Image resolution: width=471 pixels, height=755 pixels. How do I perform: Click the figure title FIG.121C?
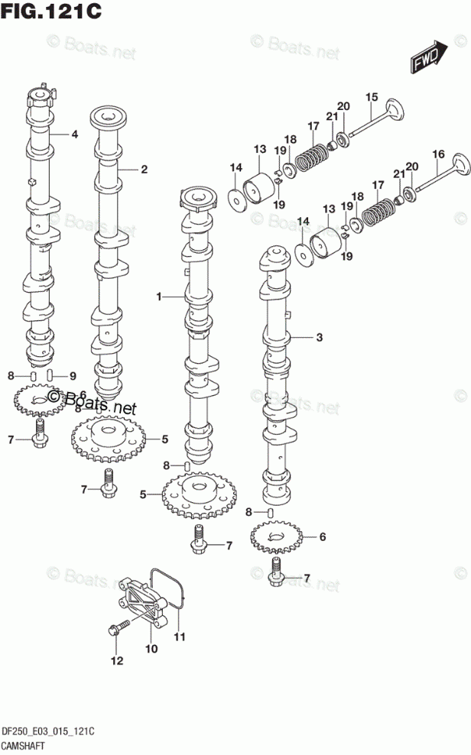coord(51,11)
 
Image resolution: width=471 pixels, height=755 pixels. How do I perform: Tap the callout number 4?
coord(75,134)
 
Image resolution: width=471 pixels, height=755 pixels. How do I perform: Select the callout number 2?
coord(144,170)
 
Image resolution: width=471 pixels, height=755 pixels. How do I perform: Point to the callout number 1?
coord(159,296)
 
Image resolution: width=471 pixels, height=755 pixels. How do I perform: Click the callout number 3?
coord(320,338)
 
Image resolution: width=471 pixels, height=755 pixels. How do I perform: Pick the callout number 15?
coord(372,97)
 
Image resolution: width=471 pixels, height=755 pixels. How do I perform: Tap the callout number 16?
coord(438,154)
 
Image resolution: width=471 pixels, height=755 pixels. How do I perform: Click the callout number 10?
coord(151,649)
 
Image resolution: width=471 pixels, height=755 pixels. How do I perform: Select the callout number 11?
coord(179,637)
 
